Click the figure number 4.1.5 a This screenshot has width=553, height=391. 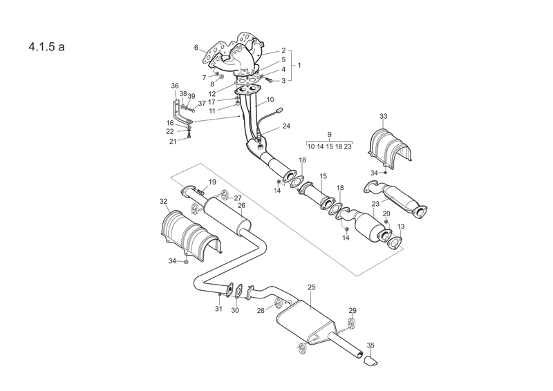point(46,47)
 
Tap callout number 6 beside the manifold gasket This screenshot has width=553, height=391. point(196,47)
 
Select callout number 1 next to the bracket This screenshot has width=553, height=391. point(299,65)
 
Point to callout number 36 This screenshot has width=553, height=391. point(175,86)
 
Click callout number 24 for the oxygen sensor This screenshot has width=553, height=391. point(286,126)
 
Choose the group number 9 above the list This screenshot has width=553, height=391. point(330,135)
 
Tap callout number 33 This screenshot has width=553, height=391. point(384,116)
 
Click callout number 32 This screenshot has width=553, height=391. point(163,201)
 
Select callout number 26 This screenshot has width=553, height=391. point(241,205)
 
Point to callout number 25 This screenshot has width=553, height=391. point(312,287)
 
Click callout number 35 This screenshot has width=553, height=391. point(371,345)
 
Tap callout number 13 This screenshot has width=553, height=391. point(401,227)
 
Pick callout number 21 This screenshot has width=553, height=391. point(173,142)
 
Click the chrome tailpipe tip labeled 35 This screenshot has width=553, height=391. point(371,361)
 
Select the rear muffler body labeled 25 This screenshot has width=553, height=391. point(305,321)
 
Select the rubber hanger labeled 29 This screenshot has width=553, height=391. point(352,323)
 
